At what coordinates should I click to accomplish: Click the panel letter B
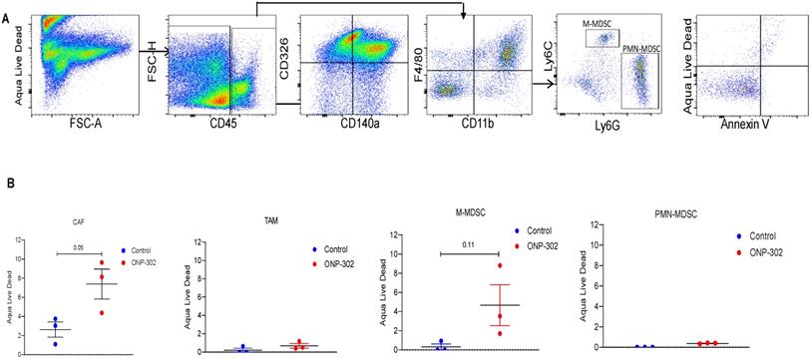coord(8,183)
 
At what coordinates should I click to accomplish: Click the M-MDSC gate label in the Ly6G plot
coord(599,23)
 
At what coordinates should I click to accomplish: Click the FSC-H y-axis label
coord(154,46)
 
